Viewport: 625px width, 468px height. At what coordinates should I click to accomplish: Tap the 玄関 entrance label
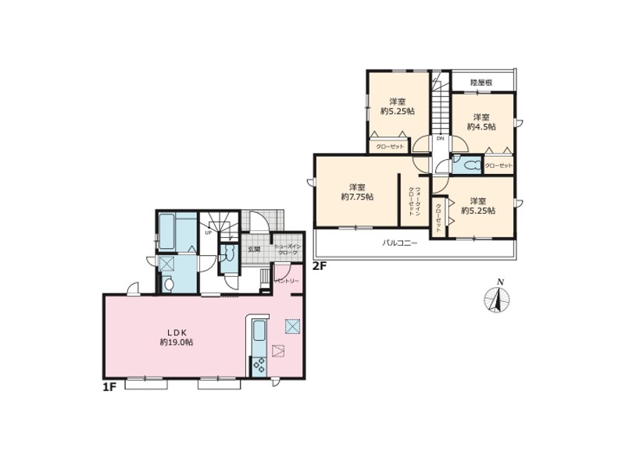click(254, 250)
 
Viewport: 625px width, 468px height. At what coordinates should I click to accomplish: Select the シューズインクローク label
click(287, 250)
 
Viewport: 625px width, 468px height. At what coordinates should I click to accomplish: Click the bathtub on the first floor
click(169, 231)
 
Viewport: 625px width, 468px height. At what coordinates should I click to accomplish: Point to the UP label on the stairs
click(209, 232)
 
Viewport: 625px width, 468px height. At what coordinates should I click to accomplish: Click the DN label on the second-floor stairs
click(440, 138)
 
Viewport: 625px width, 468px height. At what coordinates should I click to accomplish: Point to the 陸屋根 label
click(480, 81)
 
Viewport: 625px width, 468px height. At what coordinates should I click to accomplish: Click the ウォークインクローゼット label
click(414, 202)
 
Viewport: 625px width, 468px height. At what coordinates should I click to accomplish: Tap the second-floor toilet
click(470, 165)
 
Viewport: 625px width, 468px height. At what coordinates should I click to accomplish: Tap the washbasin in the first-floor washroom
click(168, 285)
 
